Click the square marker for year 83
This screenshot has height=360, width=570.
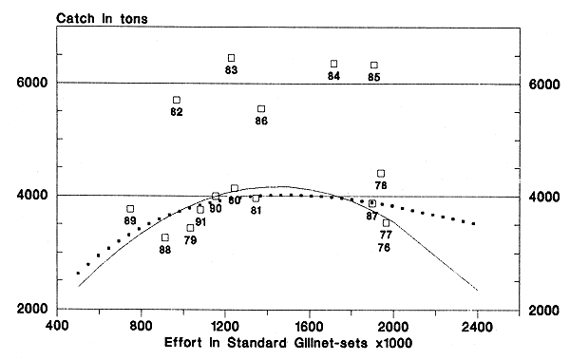tap(231, 58)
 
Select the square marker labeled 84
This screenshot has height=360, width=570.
tap(333, 64)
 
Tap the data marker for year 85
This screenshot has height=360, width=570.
tap(374, 65)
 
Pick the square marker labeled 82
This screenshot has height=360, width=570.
tap(176, 100)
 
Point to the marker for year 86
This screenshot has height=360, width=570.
tap(261, 109)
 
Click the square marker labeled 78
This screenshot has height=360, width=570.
tap(381, 173)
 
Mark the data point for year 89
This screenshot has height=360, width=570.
tap(130, 209)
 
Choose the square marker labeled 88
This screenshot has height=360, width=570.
tap(164, 237)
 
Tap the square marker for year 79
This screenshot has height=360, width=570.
tap(190, 228)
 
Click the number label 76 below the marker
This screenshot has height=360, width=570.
tap(385, 248)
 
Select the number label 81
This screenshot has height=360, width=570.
tap(256, 210)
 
